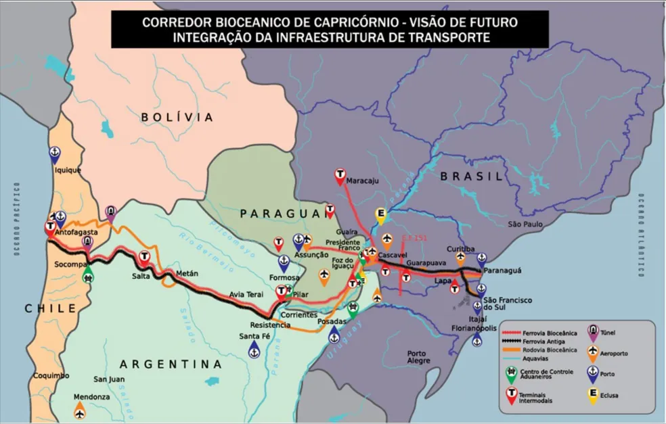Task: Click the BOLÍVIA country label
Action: point(177,117)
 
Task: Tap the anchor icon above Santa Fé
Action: point(254,349)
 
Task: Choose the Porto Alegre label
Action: point(418,357)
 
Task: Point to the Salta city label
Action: point(141,276)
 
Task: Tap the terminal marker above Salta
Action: point(143,257)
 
